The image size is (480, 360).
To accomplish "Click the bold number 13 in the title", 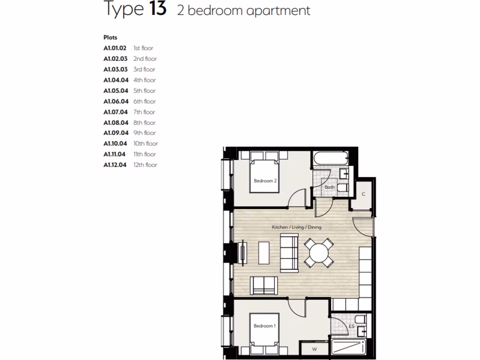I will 158,9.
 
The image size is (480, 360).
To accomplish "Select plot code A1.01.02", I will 115,48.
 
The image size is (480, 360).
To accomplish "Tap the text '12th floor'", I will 145,165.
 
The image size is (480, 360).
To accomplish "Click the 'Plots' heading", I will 110,37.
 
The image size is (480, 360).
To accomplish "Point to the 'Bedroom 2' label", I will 265,181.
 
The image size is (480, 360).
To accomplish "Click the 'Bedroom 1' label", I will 265,326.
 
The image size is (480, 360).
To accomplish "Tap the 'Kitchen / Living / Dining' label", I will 296,227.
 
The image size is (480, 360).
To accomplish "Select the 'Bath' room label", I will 330,187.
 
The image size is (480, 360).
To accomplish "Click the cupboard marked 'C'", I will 363,194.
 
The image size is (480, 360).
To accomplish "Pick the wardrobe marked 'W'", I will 314,349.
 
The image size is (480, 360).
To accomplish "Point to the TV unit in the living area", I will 243,253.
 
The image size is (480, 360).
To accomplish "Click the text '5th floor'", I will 144,91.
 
